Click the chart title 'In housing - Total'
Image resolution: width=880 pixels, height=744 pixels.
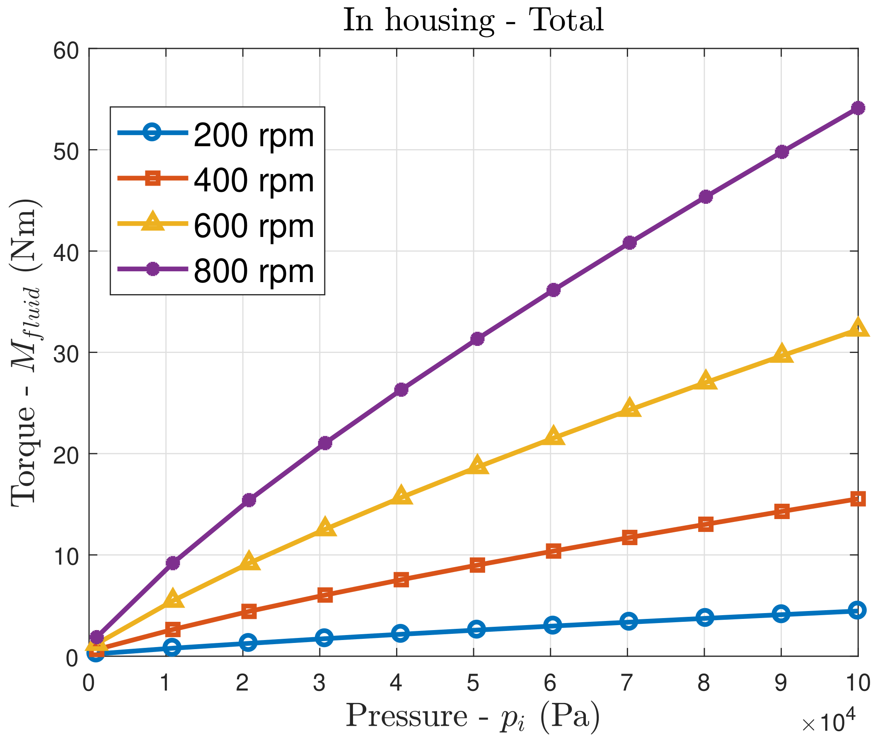[x=473, y=21]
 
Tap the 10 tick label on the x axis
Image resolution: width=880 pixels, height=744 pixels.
[x=858, y=683]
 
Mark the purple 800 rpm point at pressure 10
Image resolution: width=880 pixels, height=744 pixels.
[x=858, y=109]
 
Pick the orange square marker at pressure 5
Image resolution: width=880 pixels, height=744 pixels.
[x=477, y=565]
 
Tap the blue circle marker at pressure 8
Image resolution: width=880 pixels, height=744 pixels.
[x=705, y=618]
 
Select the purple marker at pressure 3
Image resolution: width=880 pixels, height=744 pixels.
[x=325, y=443]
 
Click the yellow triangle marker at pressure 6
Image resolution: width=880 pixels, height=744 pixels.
[x=554, y=437]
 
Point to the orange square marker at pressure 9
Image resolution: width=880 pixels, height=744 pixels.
[x=781, y=512]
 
